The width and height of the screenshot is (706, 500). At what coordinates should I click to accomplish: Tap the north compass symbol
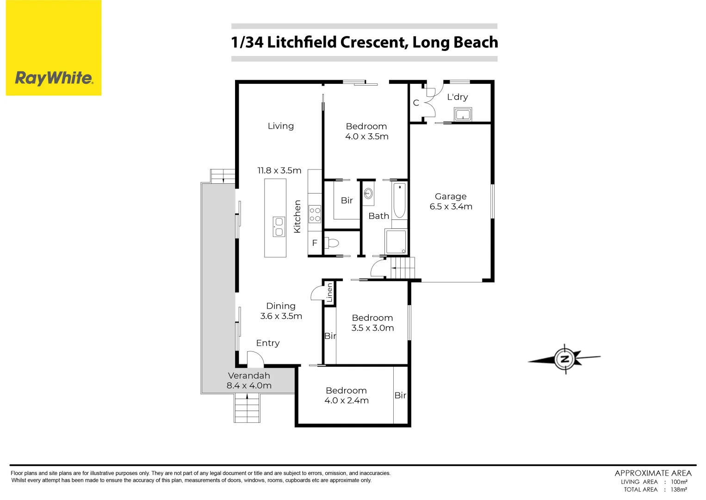tap(564, 359)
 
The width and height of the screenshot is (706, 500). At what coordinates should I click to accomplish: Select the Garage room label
tap(451, 196)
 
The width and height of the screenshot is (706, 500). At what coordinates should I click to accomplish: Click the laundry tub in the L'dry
tap(463, 114)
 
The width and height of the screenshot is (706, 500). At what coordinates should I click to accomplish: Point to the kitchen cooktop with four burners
tap(315, 214)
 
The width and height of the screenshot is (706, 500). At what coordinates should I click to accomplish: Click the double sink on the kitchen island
tap(279, 227)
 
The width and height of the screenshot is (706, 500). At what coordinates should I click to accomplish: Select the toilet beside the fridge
tap(332, 243)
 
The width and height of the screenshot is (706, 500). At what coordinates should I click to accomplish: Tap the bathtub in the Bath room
tap(399, 200)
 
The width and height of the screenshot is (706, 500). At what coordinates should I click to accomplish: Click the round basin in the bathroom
tap(368, 194)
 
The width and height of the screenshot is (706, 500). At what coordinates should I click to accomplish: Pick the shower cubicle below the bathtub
tap(396, 241)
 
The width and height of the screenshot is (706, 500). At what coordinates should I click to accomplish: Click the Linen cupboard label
tap(329, 293)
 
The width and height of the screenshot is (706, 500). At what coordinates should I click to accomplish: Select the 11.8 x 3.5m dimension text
tap(279, 170)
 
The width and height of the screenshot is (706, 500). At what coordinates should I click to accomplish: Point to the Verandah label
tap(249, 375)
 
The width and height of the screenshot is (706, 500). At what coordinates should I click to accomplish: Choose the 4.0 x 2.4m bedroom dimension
tap(347, 400)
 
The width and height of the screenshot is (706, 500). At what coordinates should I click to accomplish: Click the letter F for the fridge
tap(315, 243)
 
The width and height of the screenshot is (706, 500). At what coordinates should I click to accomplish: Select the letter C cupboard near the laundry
tap(416, 103)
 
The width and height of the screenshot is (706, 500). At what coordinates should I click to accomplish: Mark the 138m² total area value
tap(679, 489)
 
